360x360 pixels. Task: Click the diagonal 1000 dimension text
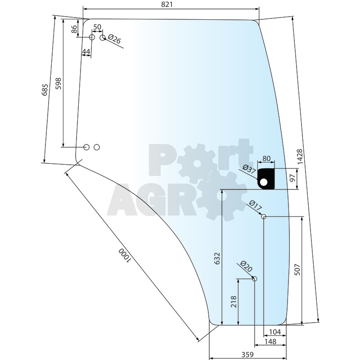tap(124, 255)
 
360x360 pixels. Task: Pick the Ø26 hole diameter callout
tap(114, 40)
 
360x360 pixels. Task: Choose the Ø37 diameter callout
tap(249, 170)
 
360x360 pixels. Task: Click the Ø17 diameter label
tap(255, 206)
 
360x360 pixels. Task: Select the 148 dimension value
tap(270, 342)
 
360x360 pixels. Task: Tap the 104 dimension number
tap(274, 332)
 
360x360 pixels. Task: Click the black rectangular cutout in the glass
tap(266, 179)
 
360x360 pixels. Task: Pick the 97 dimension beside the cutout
tap(293, 177)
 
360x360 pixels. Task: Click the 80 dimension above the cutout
tap(266, 158)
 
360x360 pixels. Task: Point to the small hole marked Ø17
tap(264, 217)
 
